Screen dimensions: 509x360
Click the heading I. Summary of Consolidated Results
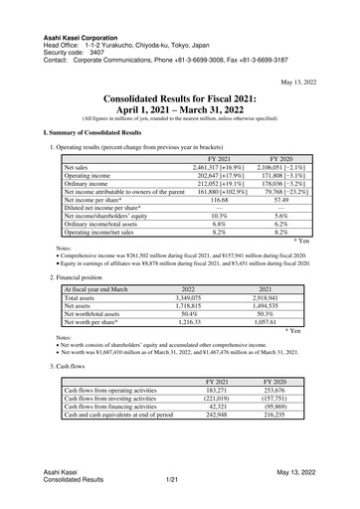coord(92,132)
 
